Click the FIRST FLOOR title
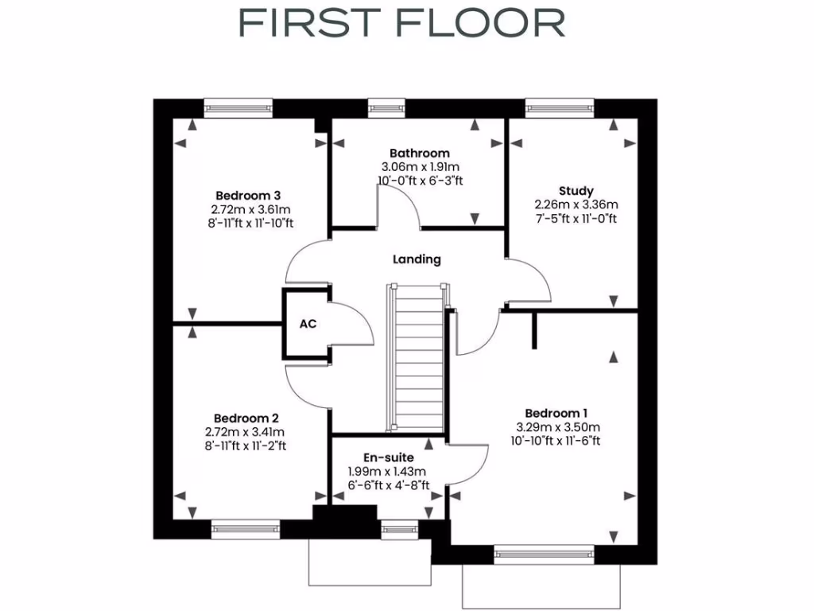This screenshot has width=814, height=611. (x=401, y=23)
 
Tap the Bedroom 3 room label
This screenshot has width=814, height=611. (x=248, y=195)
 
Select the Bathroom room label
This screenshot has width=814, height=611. (x=419, y=153)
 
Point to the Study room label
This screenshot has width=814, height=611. (x=576, y=191)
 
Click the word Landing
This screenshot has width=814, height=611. (x=417, y=259)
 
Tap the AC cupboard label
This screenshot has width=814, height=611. (x=308, y=324)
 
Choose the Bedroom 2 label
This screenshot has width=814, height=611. (x=246, y=418)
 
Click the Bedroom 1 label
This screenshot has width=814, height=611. (x=556, y=413)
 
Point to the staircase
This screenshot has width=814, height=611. (x=415, y=358)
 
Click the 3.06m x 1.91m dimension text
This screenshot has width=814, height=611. (x=419, y=167)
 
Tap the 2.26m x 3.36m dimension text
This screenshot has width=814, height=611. (x=576, y=204)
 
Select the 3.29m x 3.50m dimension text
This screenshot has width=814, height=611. (x=556, y=426)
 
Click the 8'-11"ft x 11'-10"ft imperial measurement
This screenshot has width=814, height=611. (x=248, y=223)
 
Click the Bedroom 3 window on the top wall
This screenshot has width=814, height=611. (x=238, y=107)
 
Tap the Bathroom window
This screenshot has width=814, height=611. (x=386, y=107)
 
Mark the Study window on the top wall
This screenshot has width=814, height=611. (x=560, y=107)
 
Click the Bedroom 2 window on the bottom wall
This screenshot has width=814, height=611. (x=246, y=529)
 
